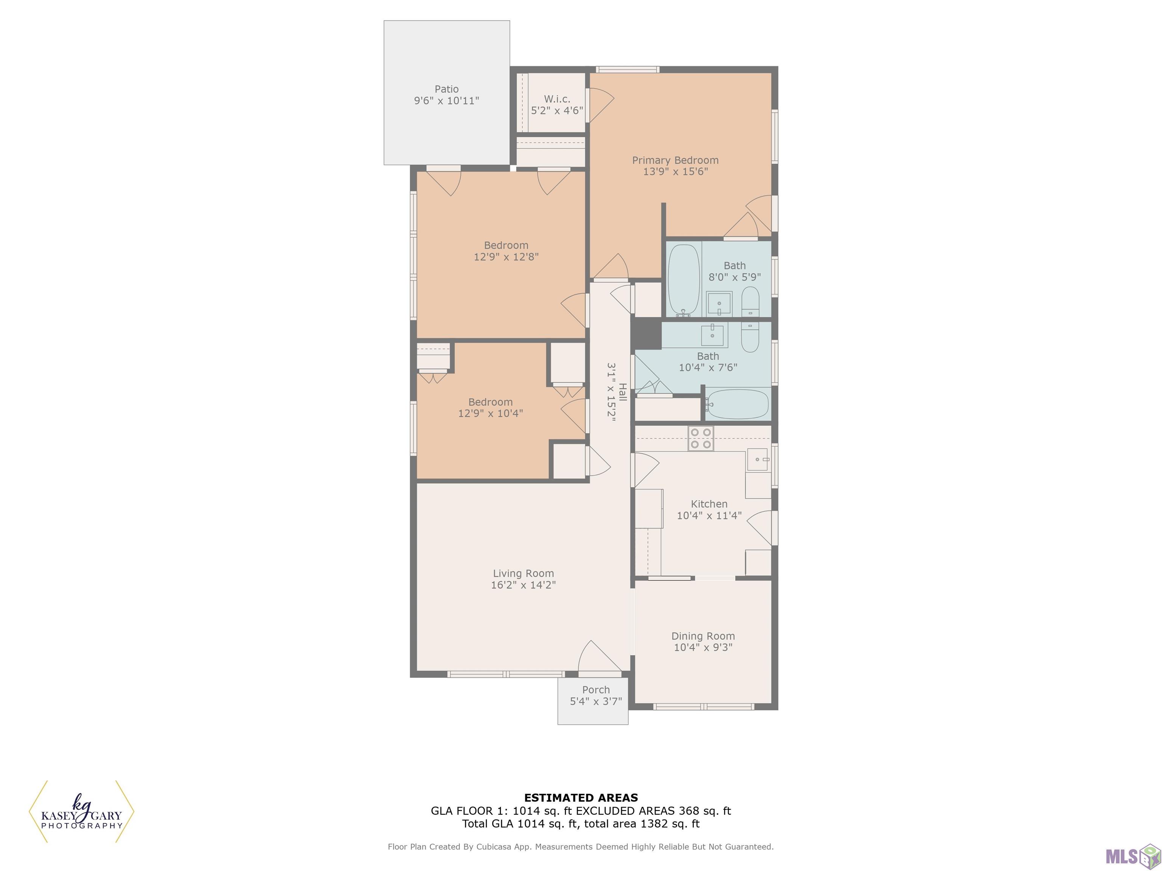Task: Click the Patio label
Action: (x=446, y=89)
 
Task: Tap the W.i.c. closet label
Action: (x=557, y=99)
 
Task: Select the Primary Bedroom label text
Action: (x=675, y=160)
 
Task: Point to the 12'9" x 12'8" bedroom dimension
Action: (x=506, y=257)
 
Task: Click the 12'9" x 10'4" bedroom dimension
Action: (x=490, y=413)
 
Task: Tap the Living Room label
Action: (x=523, y=573)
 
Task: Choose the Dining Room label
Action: (x=703, y=636)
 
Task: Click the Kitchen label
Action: (x=709, y=504)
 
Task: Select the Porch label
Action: (x=596, y=690)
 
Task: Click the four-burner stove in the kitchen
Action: (x=701, y=439)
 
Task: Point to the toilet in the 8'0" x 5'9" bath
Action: (x=750, y=301)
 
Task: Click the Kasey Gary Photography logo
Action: (x=81, y=811)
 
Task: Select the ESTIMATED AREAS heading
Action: (x=581, y=798)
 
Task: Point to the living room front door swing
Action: (x=599, y=656)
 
